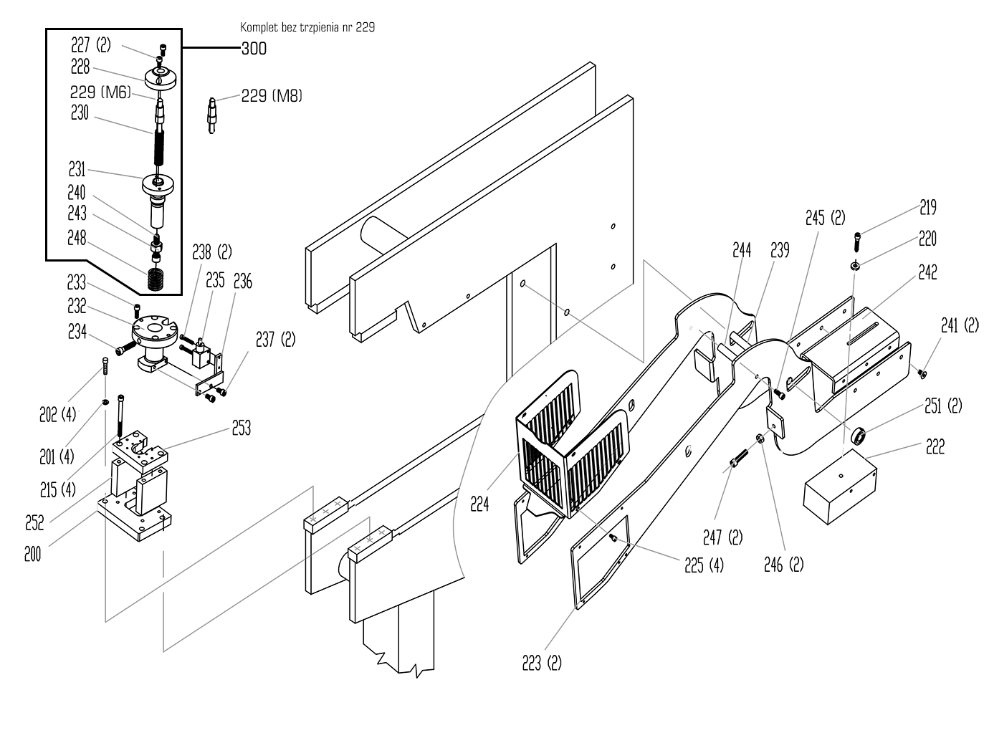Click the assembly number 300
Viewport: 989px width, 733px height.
click(253, 49)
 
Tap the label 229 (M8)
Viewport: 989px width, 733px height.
click(272, 95)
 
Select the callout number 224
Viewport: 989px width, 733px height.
click(479, 504)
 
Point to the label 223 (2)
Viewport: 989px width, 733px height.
click(541, 663)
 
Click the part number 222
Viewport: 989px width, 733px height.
click(935, 446)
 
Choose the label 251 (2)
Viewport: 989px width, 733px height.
click(942, 406)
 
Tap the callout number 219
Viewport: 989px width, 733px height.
click(927, 208)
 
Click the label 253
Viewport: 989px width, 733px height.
click(241, 428)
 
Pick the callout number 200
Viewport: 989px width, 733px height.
click(32, 554)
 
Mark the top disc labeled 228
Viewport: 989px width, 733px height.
click(161, 76)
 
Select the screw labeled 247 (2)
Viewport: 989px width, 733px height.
click(737, 460)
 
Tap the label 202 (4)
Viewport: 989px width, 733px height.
click(57, 414)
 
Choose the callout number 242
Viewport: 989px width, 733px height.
click(927, 272)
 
